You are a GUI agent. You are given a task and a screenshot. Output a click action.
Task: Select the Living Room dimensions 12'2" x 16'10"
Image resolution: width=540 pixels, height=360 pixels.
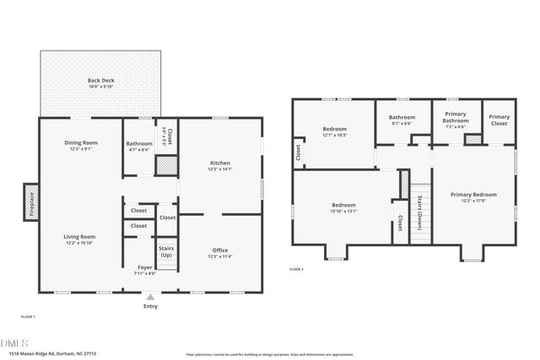(81, 244)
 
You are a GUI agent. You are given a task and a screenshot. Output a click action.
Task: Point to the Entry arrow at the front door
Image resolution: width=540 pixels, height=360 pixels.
(150, 297)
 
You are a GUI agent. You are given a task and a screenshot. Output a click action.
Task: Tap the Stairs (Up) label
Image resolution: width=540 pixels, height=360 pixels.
(166, 251)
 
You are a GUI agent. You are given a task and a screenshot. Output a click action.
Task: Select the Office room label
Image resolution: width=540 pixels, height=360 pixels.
(220, 250)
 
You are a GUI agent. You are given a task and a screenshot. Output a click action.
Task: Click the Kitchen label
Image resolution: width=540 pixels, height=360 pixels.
(220, 162)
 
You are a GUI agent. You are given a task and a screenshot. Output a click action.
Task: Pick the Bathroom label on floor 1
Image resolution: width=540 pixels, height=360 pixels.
(138, 143)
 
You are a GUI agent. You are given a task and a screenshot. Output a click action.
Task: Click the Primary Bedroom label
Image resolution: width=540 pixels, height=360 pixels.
(473, 194)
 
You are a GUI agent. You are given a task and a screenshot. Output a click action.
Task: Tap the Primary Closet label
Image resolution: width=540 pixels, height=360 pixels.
(499, 120)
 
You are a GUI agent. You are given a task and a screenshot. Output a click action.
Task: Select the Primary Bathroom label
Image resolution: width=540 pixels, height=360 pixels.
(456, 120)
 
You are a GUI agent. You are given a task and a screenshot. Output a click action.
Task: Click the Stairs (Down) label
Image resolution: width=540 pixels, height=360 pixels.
(420, 212)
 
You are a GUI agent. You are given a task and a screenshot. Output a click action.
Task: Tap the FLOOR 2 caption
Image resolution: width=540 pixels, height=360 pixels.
(296, 269)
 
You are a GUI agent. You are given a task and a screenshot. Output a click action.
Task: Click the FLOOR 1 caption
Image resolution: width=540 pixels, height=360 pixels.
(28, 315)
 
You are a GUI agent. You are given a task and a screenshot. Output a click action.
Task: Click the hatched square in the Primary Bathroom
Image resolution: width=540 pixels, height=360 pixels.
(472, 139)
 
